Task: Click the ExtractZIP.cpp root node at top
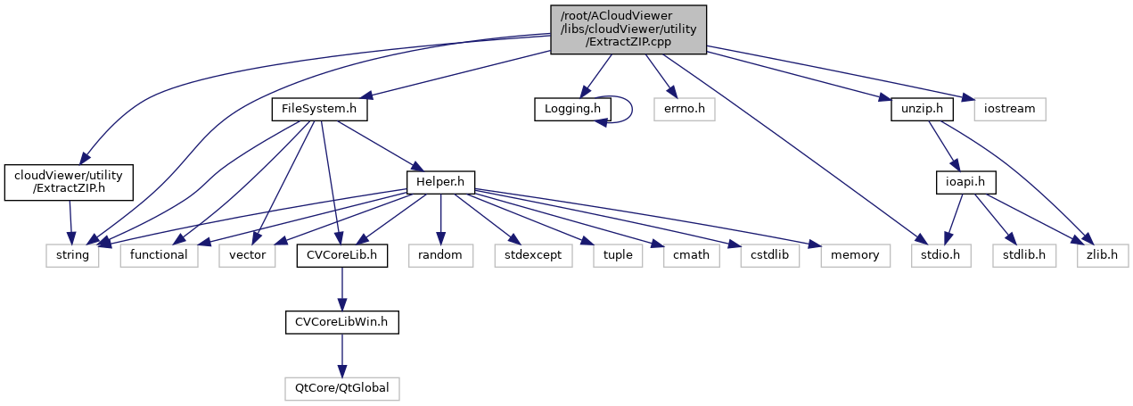(x=628, y=29)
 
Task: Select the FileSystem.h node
(x=319, y=110)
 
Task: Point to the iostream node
(x=1008, y=110)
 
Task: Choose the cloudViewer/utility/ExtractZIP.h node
(x=69, y=182)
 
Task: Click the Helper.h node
(x=439, y=182)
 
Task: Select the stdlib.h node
(x=1023, y=255)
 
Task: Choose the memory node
(x=848, y=255)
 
